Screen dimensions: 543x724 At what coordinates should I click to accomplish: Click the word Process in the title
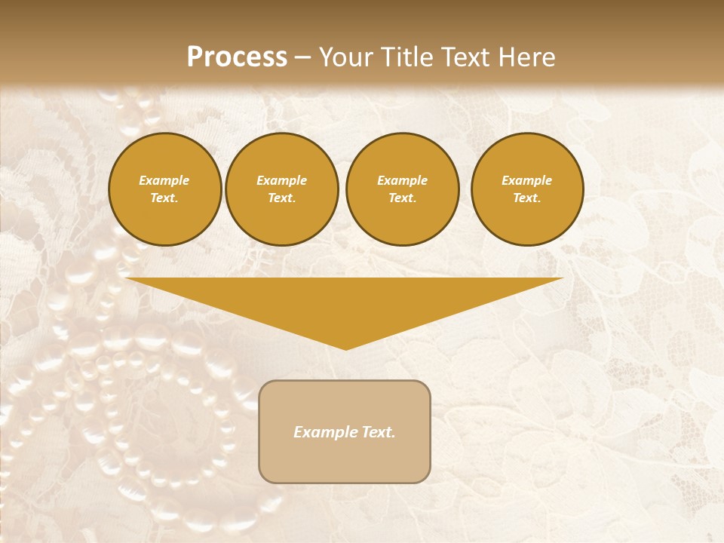pyautogui.click(x=237, y=57)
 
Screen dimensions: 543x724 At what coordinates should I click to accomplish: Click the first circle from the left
pyautogui.click(x=165, y=189)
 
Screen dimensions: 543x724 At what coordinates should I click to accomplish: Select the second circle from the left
pyautogui.click(x=282, y=189)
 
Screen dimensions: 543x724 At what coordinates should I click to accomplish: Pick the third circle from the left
pyautogui.click(x=403, y=189)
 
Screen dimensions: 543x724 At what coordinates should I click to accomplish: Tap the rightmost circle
pyautogui.click(x=527, y=189)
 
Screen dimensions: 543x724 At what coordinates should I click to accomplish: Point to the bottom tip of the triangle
pyautogui.click(x=345, y=348)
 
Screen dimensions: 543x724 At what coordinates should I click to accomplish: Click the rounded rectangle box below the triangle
pyautogui.click(x=345, y=431)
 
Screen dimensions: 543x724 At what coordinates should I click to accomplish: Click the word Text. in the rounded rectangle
pyautogui.click(x=379, y=432)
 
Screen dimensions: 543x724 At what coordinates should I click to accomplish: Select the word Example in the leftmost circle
pyautogui.click(x=164, y=181)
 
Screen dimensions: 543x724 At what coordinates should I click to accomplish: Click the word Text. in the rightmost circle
pyautogui.click(x=527, y=198)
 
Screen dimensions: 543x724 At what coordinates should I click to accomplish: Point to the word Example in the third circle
pyautogui.click(x=403, y=181)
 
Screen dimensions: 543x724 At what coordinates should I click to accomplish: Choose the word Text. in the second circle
pyautogui.click(x=282, y=198)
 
